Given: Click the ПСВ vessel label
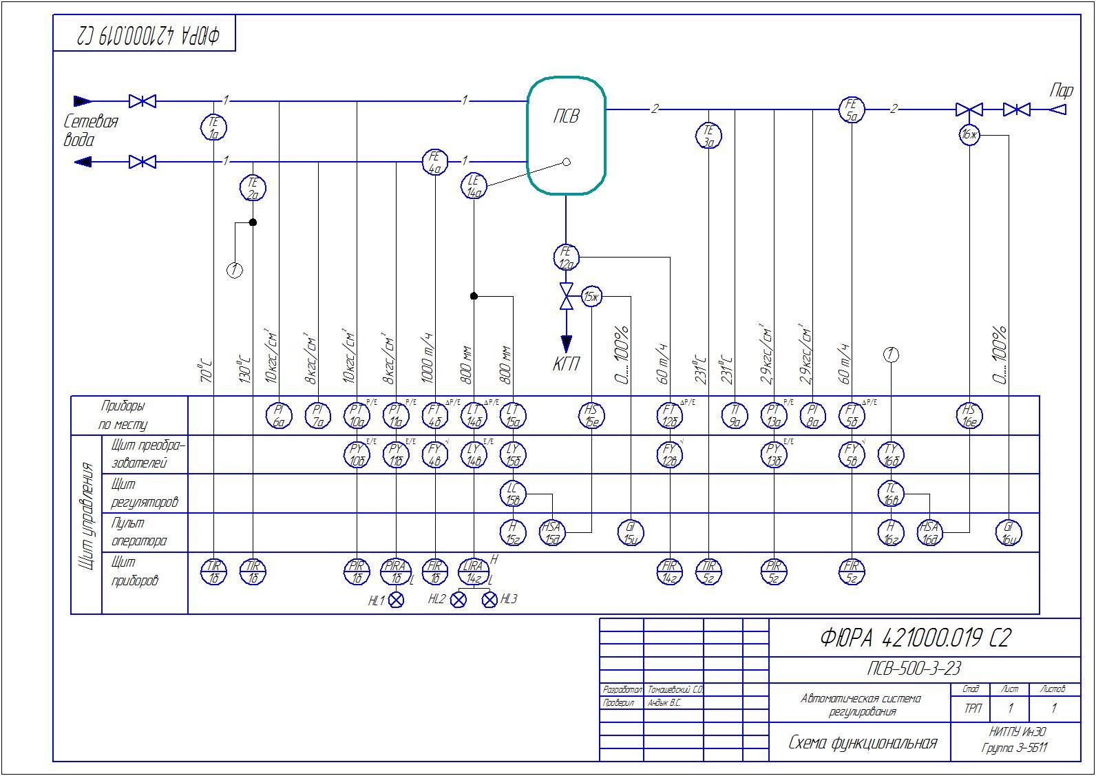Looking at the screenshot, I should click(x=566, y=116).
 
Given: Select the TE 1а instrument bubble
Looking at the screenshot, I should click(x=213, y=127).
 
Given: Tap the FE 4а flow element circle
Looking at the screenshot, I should click(x=434, y=162).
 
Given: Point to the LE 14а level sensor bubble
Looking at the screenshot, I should click(x=474, y=187).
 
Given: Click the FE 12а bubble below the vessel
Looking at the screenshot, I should click(x=566, y=257).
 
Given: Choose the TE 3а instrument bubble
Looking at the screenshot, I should click(x=708, y=136).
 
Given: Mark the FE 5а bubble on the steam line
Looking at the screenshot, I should click(x=852, y=109).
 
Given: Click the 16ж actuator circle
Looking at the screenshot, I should click(x=969, y=135).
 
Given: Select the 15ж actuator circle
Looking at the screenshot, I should click(x=591, y=297).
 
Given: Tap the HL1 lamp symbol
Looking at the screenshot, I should click(x=396, y=600).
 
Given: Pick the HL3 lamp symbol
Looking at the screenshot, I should click(x=489, y=600).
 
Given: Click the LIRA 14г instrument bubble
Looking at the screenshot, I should click(x=474, y=571).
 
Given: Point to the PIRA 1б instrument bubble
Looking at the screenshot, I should click(x=396, y=571).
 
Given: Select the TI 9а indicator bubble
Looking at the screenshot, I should click(x=735, y=415).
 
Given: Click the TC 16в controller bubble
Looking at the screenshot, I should click(x=891, y=493).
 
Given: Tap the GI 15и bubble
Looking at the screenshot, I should click(x=631, y=532).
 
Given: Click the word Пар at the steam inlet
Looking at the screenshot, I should click(x=1061, y=90).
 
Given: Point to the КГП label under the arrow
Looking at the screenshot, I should click(x=566, y=364).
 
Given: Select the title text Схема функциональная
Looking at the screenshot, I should click(x=862, y=743).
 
